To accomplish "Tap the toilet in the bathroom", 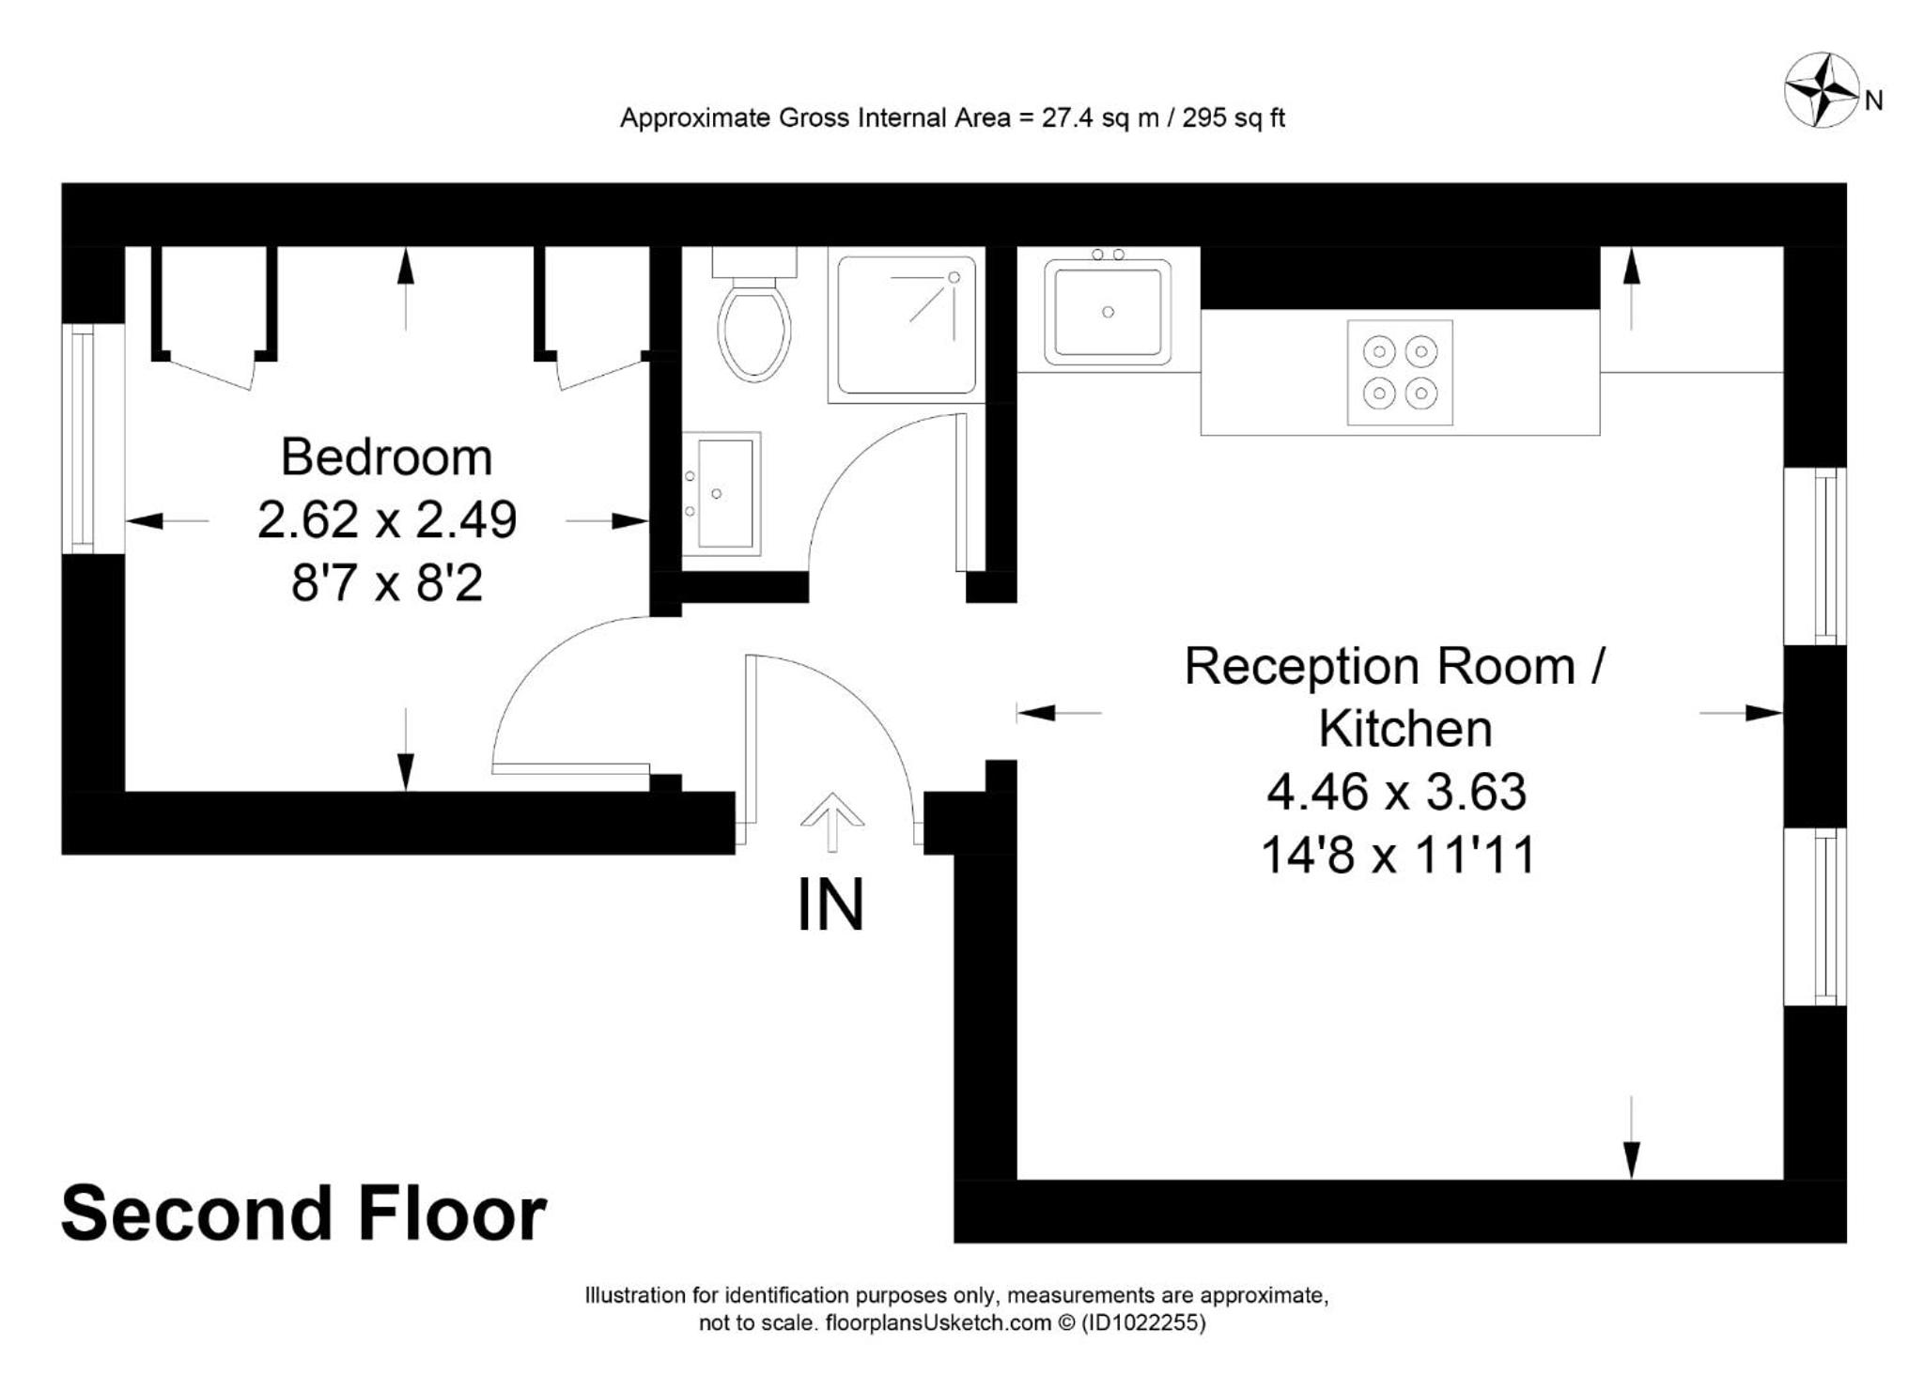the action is [x=754, y=314].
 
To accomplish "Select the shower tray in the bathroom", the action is [x=907, y=325].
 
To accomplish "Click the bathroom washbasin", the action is [x=721, y=494].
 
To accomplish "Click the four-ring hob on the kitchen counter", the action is [x=1400, y=373].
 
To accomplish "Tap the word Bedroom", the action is [x=386, y=457].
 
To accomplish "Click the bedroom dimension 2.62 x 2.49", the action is [x=387, y=519].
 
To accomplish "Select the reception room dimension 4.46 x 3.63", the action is [x=1397, y=791].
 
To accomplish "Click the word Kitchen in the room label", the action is [x=1405, y=728].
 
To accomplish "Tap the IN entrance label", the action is [x=830, y=905].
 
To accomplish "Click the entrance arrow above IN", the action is [x=832, y=823].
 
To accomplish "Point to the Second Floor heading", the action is [x=303, y=1213].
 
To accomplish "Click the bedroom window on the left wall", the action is [x=83, y=439].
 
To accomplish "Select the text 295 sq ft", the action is [x=1234, y=118].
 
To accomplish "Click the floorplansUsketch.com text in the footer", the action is [x=938, y=1323].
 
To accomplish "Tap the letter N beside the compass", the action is [x=1874, y=101].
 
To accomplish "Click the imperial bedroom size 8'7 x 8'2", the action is [x=387, y=583].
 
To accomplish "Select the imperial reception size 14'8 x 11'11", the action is [x=1397, y=856].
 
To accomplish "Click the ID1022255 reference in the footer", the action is [x=1143, y=1323].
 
